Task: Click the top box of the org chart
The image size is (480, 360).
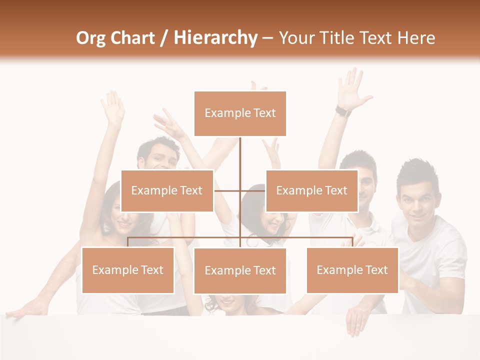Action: [240, 113]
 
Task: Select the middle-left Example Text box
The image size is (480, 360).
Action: [167, 190]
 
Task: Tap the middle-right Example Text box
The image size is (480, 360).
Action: [311, 190]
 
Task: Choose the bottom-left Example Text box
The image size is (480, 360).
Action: [127, 270]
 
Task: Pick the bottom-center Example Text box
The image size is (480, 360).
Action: [240, 270]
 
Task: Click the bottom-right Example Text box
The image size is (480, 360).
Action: [352, 270]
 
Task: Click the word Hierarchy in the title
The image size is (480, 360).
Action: [215, 38]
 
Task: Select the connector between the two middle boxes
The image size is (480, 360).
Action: [240, 190]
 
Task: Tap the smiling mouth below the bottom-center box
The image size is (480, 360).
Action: [227, 301]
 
